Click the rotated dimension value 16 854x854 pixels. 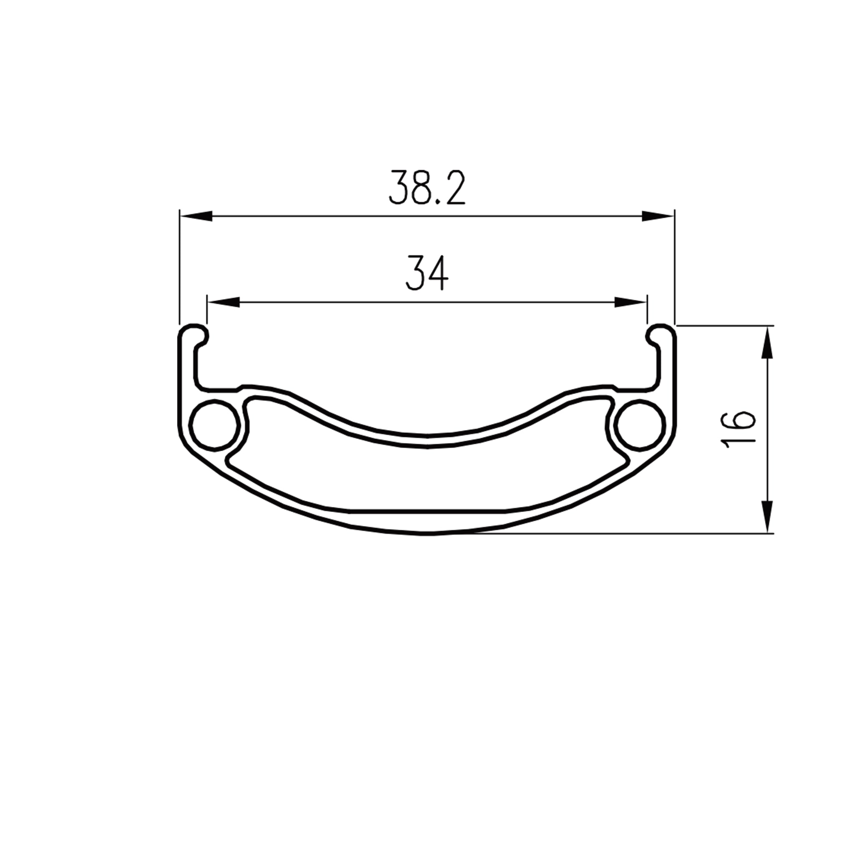pos(738,429)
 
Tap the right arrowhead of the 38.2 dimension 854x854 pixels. pos(658,216)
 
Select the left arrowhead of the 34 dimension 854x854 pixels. pos(223,302)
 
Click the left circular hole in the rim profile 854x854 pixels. pos(214,425)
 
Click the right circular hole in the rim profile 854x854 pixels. pos(640,425)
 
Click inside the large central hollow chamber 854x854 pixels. pos(427,480)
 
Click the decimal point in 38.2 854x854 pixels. pos(437,202)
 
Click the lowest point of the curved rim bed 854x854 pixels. pos(427,442)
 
